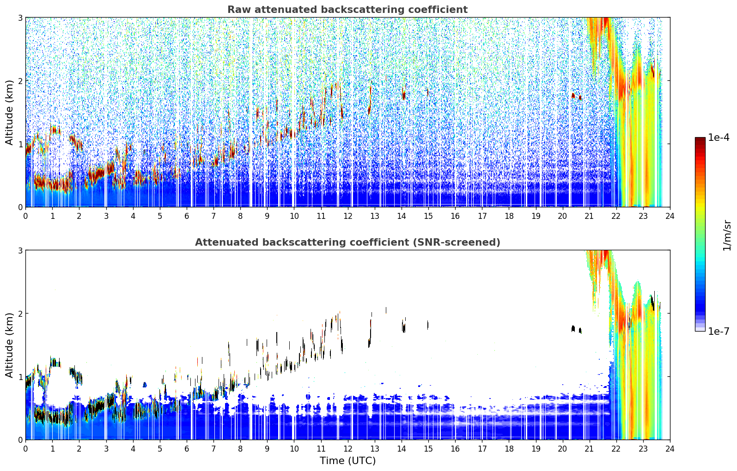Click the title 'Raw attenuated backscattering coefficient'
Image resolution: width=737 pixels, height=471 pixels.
coord(347,10)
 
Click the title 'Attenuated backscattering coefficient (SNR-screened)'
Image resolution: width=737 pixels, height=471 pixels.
coord(347,242)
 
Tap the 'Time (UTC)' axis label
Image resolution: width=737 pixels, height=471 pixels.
coord(347,460)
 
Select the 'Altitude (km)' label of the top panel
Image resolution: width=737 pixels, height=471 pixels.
coord(9,113)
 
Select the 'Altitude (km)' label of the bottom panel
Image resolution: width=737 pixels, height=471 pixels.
coord(9,345)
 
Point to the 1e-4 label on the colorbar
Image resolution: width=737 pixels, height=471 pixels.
coord(719,138)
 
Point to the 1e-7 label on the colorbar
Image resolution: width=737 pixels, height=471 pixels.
coord(719,331)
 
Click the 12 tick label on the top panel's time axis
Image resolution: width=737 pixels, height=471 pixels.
coord(348,216)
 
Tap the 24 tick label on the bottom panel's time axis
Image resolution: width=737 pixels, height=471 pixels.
coord(670,449)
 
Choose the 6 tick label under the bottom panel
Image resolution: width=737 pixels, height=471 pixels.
coord(187,449)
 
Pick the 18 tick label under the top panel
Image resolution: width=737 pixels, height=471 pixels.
coord(509,216)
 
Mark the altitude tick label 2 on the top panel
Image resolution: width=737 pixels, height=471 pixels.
coord(20,81)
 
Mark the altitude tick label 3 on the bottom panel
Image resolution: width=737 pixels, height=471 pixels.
coord(20,251)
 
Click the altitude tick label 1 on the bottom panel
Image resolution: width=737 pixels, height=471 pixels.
coord(20,377)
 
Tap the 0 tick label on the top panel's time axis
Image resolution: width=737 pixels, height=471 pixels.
coord(26,216)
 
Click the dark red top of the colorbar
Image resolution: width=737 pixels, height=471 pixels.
coord(700,139)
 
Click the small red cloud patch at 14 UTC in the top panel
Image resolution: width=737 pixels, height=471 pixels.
coord(404,94)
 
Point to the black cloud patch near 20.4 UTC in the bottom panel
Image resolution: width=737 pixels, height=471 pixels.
coord(573,328)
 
